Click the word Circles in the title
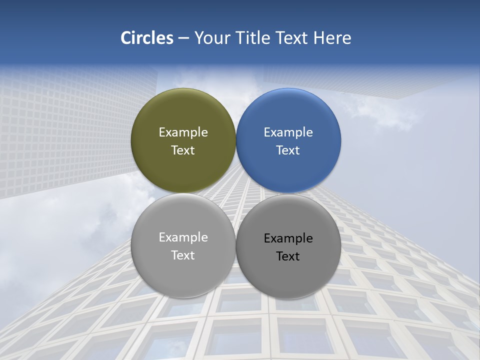click(147, 38)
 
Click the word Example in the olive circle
click(183, 132)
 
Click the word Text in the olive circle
click(183, 150)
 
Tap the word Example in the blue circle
click(288, 132)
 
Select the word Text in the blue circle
click(288, 150)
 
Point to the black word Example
click(288, 238)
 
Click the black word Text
click(288, 256)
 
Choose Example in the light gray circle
click(183, 237)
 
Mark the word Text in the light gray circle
click(183, 255)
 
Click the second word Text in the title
click(293, 38)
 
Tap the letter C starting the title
click(126, 38)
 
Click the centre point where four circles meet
click(236, 193)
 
